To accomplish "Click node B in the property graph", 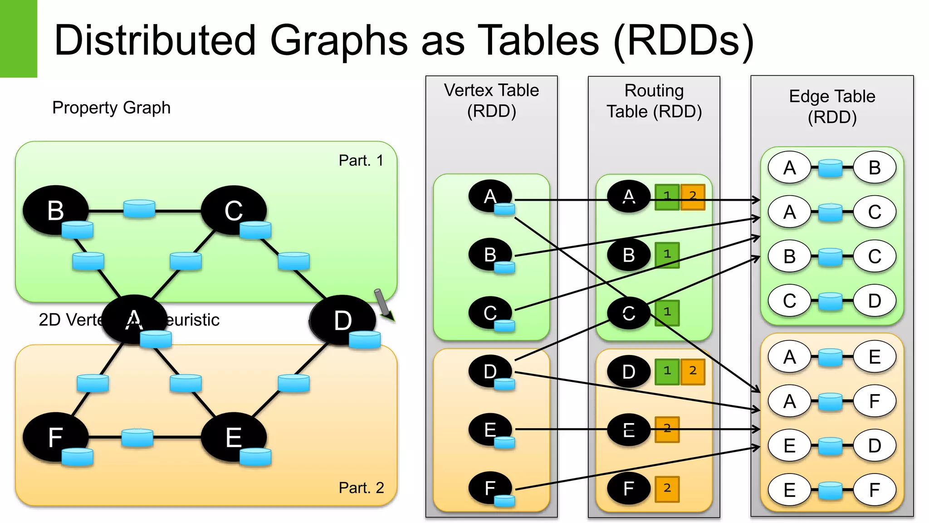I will pyautogui.click(x=55, y=210).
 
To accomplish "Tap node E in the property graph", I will pyautogui.click(x=234, y=437).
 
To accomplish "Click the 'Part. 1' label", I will pyautogui.click(x=361, y=160).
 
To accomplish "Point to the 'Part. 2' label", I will pyautogui.click(x=361, y=488).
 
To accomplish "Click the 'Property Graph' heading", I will pyautogui.click(x=111, y=108).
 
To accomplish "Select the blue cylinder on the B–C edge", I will pyautogui.click(x=139, y=209).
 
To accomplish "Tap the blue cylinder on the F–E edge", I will pyautogui.click(x=137, y=438).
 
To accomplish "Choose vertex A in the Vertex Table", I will pyautogui.click(x=490, y=197).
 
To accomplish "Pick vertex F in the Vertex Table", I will pyautogui.click(x=490, y=488).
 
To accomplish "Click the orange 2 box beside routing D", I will pyautogui.click(x=693, y=371).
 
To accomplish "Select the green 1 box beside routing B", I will pyautogui.click(x=667, y=255).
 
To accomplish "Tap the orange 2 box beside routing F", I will pyautogui.click(x=667, y=488).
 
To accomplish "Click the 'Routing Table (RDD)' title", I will pyautogui.click(x=654, y=101).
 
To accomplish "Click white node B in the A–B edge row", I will pyautogui.click(x=875, y=168).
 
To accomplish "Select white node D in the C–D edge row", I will pyautogui.click(x=875, y=301).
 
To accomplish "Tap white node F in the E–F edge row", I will pyautogui.click(x=875, y=490).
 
